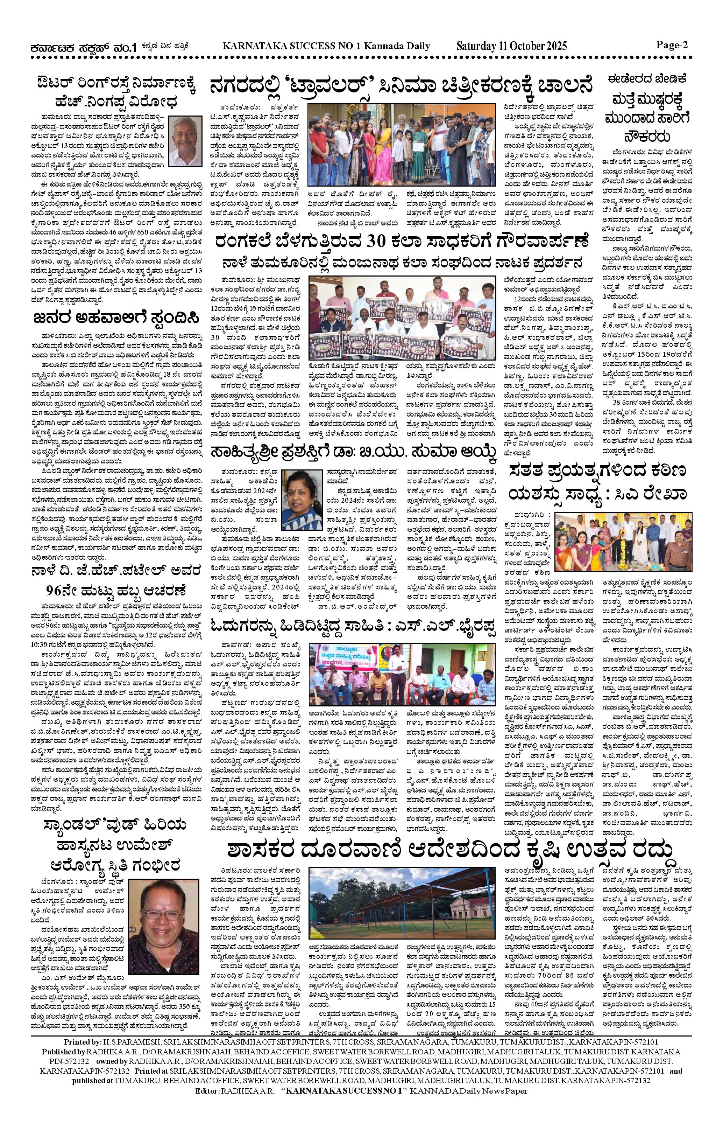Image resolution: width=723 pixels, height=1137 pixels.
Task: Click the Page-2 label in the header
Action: (672, 45)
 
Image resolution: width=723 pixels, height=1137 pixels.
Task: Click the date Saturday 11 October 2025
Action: (511, 46)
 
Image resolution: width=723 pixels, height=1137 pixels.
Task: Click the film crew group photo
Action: (402, 145)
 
